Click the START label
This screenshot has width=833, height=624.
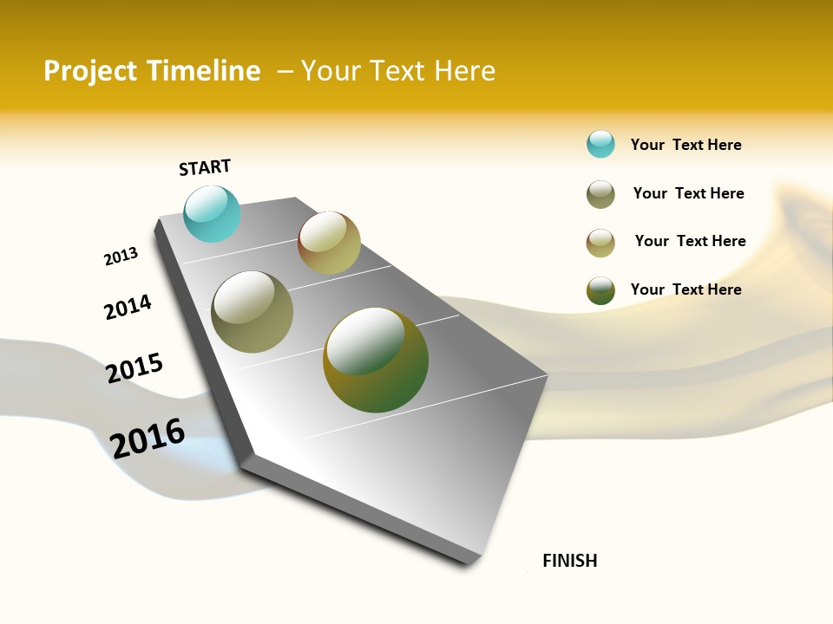pyautogui.click(x=205, y=167)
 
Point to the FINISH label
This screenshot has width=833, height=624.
pyautogui.click(x=569, y=561)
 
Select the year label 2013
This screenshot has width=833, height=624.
pyautogui.click(x=121, y=257)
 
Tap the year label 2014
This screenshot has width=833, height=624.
pyautogui.click(x=128, y=307)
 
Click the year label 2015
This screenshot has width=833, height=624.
pyautogui.click(x=134, y=368)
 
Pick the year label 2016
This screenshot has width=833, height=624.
pyautogui.click(x=148, y=438)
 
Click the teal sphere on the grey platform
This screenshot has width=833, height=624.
pyautogui.click(x=212, y=213)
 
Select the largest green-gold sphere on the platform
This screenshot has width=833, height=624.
pyautogui.click(x=375, y=360)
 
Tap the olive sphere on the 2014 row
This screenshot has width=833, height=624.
pyautogui.click(x=253, y=312)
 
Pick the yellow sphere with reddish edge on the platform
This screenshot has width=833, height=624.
pyautogui.click(x=329, y=243)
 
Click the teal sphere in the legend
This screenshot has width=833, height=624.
pyautogui.click(x=600, y=144)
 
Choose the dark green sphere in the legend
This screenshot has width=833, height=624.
pyautogui.click(x=600, y=290)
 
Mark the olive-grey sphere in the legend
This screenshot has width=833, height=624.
pyautogui.click(x=600, y=194)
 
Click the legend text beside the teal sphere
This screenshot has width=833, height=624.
pyautogui.click(x=685, y=145)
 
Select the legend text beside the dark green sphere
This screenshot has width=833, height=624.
pyautogui.click(x=685, y=289)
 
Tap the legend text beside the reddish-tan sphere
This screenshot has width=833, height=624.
pyautogui.click(x=690, y=241)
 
